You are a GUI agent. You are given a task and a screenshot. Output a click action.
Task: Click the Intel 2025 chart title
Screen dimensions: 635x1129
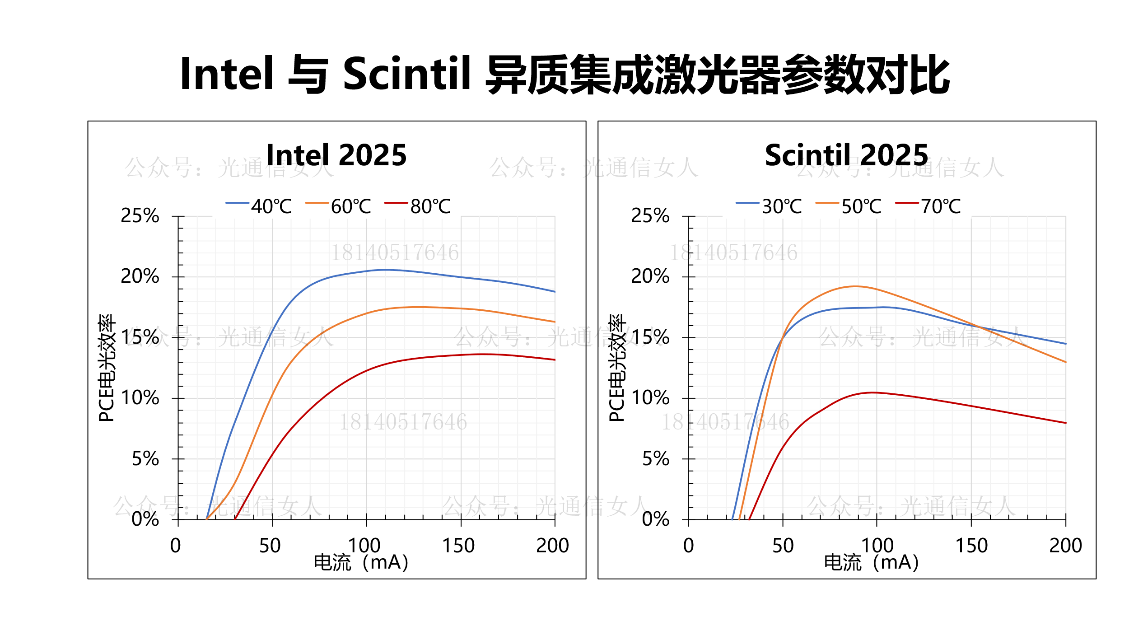pyautogui.click(x=336, y=155)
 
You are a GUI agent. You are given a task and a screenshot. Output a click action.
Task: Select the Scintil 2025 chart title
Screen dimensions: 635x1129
pyautogui.click(x=846, y=155)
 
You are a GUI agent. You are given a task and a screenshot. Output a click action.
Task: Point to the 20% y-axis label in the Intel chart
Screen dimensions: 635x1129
pyautogui.click(x=140, y=276)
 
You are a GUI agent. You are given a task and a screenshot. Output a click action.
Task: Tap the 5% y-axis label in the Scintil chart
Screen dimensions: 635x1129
pyautogui.click(x=656, y=459)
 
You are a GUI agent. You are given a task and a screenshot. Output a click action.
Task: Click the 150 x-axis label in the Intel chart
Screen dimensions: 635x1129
pyautogui.click(x=458, y=546)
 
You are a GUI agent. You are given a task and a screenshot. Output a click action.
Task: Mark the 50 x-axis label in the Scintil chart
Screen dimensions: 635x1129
pyautogui.click(x=783, y=546)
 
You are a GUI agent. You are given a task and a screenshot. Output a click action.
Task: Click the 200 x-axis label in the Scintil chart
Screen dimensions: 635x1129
pyautogui.click(x=1065, y=546)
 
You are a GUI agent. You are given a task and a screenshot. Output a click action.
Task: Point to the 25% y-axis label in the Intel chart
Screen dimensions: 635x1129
pyautogui.click(x=140, y=216)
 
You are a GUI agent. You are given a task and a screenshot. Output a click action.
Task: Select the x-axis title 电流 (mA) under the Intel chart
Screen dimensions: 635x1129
pyautogui.click(x=361, y=563)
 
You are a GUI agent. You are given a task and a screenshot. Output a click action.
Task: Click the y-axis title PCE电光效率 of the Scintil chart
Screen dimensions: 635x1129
pyautogui.click(x=617, y=368)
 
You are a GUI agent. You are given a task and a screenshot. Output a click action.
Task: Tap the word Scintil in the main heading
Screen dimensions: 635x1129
pyautogui.click(x=407, y=74)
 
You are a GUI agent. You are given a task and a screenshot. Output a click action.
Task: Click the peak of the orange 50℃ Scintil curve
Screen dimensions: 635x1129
pyautogui.click(x=855, y=286)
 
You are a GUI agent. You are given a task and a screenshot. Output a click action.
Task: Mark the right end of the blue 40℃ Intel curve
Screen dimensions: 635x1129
pyautogui.click(x=555, y=292)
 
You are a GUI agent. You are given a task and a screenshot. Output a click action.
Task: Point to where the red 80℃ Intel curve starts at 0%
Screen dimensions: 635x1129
pyautogui.click(x=235, y=519)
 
